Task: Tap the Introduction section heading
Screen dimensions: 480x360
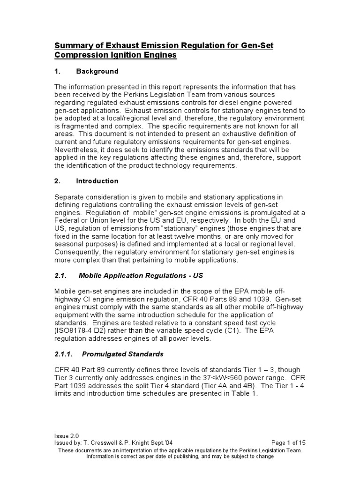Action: pos(98,180)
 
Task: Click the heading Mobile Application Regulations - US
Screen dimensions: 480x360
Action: pos(141,275)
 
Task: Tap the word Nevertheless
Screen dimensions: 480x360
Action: pos(77,150)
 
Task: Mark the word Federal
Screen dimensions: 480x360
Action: pos(67,220)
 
